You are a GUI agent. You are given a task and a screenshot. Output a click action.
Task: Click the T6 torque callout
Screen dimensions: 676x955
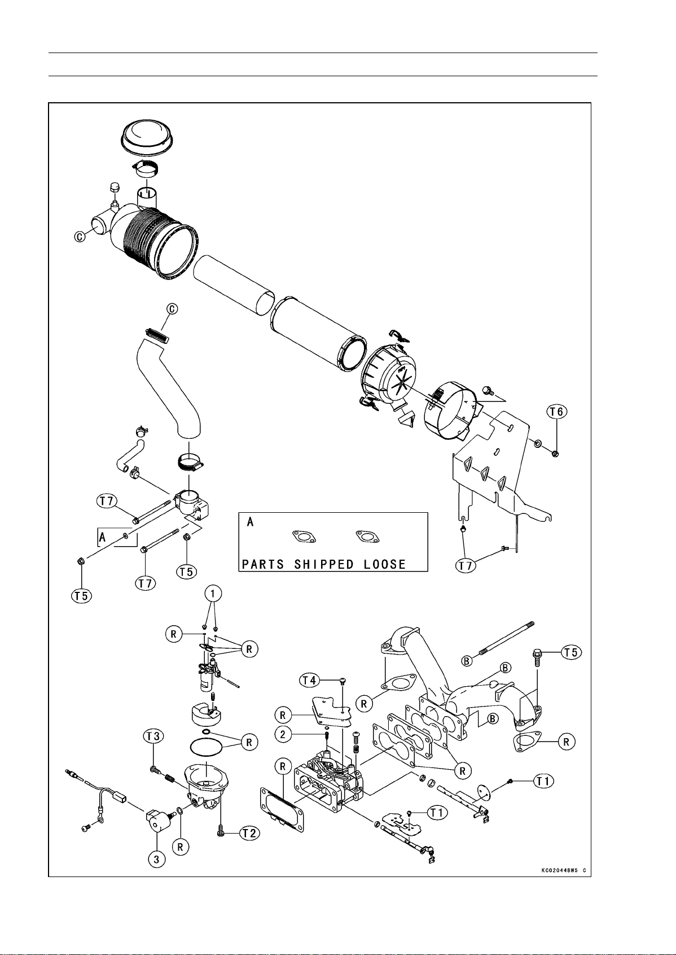tap(557, 412)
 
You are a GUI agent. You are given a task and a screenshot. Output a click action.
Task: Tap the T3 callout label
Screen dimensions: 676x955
tap(153, 736)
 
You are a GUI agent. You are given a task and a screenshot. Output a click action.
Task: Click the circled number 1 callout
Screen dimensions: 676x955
tap(213, 593)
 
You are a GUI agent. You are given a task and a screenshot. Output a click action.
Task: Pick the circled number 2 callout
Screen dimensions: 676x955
tap(283, 734)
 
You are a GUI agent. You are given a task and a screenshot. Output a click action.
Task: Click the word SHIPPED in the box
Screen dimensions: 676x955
tap(324, 565)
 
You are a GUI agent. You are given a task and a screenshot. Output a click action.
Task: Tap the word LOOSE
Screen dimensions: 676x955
tap(385, 565)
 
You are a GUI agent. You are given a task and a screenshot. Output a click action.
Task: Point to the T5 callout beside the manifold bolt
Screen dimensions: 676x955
tap(571, 652)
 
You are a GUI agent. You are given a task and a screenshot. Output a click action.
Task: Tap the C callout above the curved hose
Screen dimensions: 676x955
tap(172, 309)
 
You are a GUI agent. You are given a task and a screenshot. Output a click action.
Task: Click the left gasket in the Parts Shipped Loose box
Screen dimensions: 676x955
tap(304, 537)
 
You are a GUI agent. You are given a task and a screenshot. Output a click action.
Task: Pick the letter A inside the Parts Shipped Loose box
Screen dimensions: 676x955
tap(251, 521)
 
